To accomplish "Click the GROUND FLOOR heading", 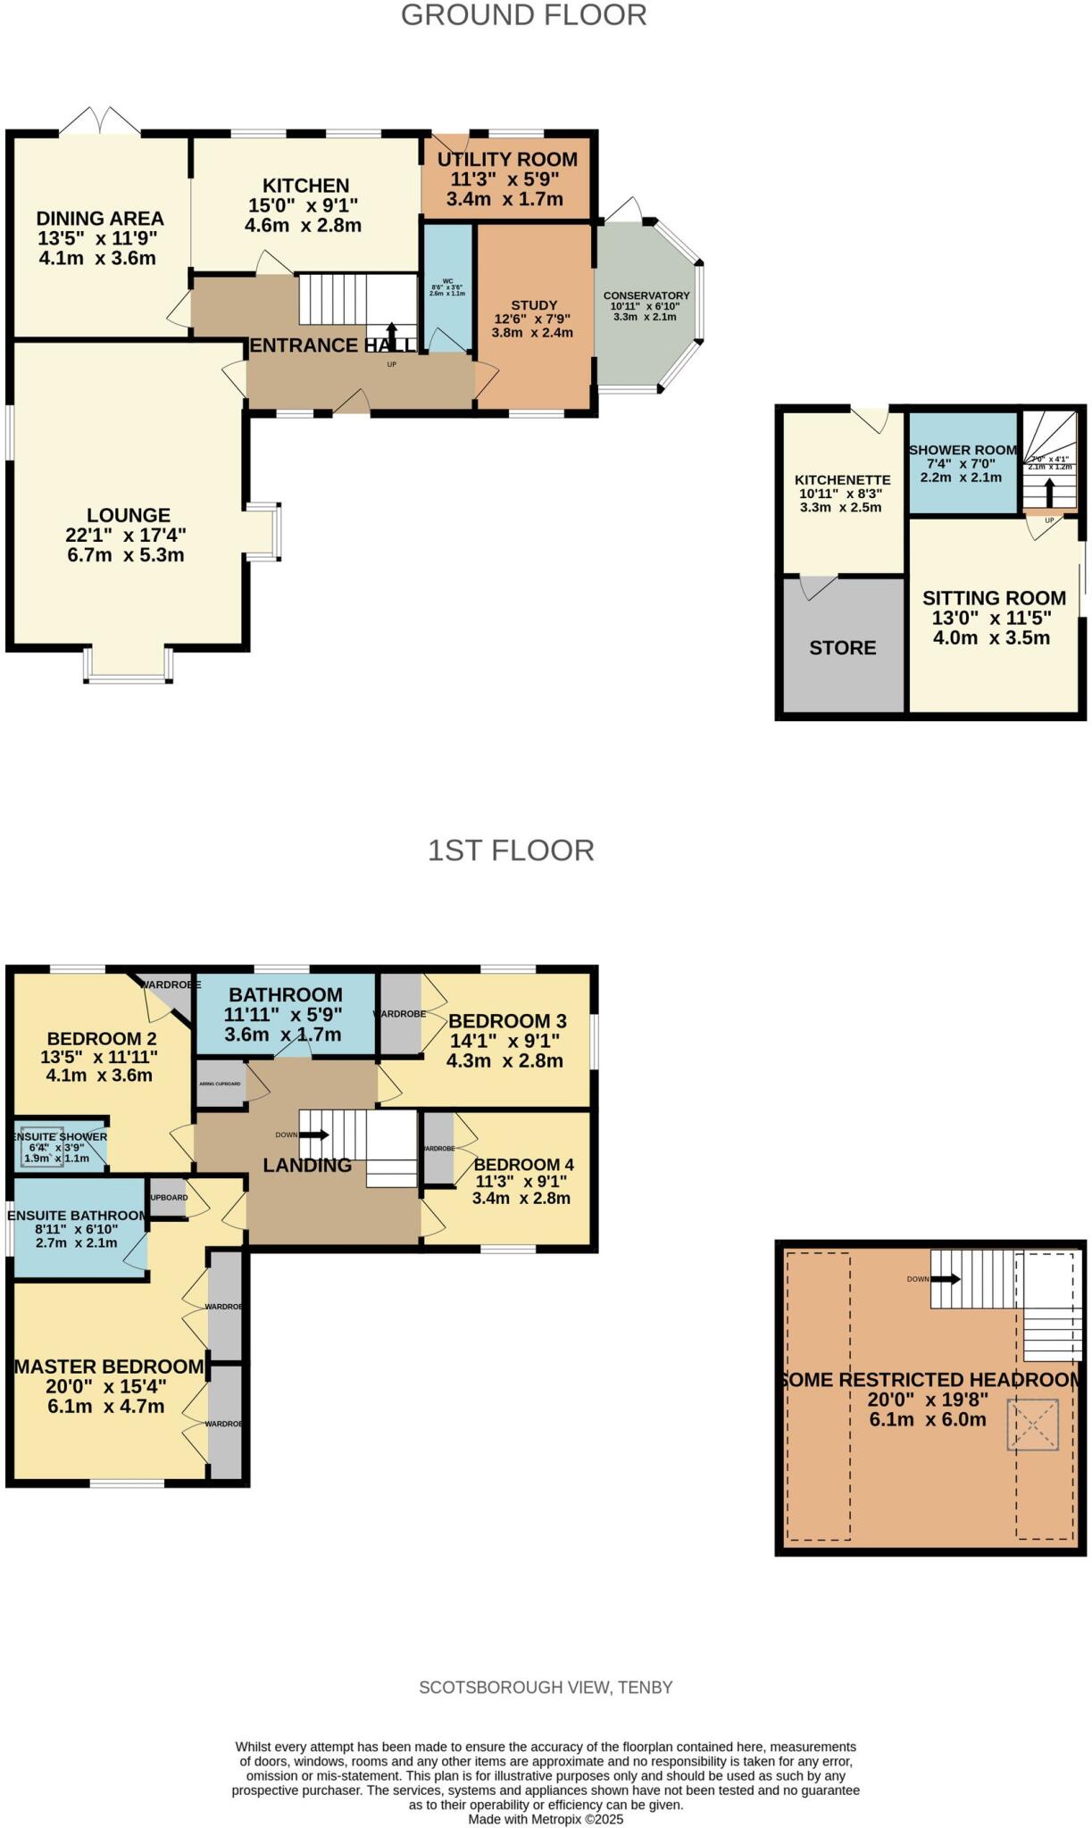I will click(x=523, y=15).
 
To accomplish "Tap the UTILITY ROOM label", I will click(x=506, y=160).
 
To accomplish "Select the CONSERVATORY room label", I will click(x=646, y=295).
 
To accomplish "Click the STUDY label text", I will click(x=533, y=305).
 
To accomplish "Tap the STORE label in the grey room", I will click(x=842, y=648).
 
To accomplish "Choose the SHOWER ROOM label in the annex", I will click(x=963, y=450).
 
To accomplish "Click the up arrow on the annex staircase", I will click(x=1049, y=492).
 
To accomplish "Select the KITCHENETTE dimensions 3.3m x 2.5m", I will click(x=840, y=508).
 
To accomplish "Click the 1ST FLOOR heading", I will click(x=510, y=851).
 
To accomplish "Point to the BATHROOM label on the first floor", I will click(x=285, y=995).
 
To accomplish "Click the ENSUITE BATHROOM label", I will click(x=78, y=1216).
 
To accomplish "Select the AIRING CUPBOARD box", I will click(x=220, y=1084).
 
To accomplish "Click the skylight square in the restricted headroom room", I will click(x=1032, y=1425).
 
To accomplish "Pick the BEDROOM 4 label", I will click(x=523, y=1165).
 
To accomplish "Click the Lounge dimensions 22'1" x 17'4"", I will click(x=126, y=536).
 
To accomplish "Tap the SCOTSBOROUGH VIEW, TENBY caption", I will click(x=546, y=1688).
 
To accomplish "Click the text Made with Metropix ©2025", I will click(x=546, y=1819).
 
